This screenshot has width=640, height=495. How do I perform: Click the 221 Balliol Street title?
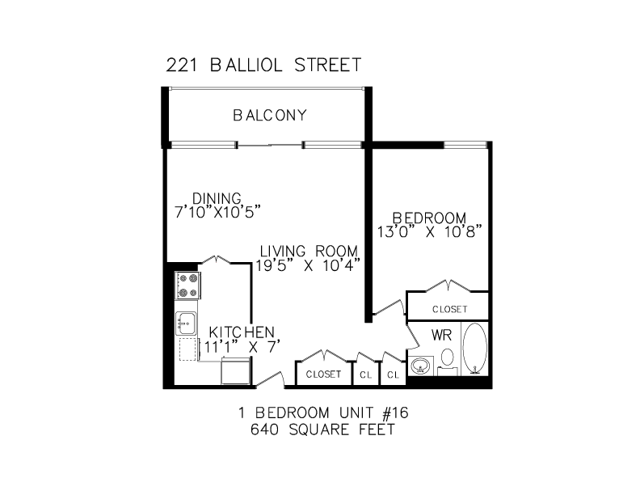point(263,65)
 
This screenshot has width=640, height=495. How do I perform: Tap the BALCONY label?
point(270,115)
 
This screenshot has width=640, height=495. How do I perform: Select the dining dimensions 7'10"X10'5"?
point(217,213)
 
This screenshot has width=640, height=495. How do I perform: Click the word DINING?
point(217,198)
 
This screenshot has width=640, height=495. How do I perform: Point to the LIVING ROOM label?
point(309,251)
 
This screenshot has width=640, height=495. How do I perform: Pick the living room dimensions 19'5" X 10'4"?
point(308,265)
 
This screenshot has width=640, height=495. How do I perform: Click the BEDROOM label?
point(429,218)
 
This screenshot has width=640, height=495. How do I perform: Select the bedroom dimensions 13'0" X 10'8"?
point(430,232)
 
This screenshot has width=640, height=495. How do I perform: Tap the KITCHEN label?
point(242,332)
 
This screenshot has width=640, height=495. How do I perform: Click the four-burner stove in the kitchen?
point(187,286)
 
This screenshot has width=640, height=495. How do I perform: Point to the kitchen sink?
point(186,324)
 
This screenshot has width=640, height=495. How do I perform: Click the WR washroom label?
point(442,336)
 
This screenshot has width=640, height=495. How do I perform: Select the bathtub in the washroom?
point(474,349)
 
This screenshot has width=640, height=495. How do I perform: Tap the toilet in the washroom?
point(448,362)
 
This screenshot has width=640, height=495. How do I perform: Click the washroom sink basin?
point(421,365)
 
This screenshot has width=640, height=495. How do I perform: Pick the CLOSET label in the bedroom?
point(450,309)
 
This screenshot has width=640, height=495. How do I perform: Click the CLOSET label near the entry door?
point(324,374)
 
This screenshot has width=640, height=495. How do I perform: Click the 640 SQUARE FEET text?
point(323,429)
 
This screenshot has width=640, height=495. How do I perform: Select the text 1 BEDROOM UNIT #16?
point(323,413)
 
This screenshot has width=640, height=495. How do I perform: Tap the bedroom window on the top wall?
point(465,145)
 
